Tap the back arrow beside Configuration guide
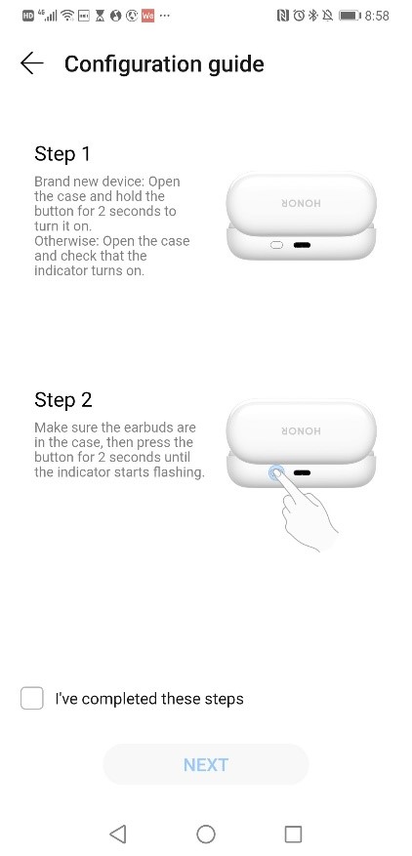tap(32, 63)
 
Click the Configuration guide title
tap(164, 64)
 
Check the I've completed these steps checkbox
tap(32, 698)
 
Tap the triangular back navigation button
tap(118, 833)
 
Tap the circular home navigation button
tap(206, 833)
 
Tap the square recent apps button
tap(293, 833)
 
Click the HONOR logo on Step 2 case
tap(302, 430)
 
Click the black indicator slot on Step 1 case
tap(302, 244)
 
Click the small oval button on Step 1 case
tap(276, 244)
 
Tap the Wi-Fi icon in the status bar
tap(66, 17)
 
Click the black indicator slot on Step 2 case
tap(302, 471)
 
